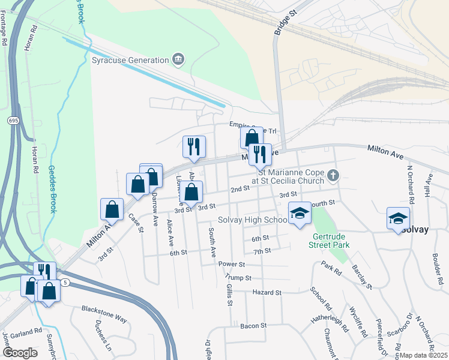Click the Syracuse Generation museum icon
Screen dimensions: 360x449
coord(178,59)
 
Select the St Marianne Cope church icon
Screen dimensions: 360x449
coord(334,175)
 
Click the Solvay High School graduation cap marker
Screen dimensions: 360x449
coord(300,214)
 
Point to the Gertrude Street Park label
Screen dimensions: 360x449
coord(329,241)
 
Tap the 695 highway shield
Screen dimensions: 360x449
coord(13,121)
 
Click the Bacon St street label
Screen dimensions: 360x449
coord(253,325)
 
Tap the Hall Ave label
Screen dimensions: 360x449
coord(429,187)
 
